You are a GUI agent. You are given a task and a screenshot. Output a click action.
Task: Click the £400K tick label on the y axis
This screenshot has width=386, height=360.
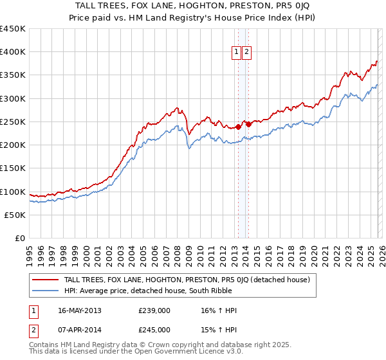click(13, 52)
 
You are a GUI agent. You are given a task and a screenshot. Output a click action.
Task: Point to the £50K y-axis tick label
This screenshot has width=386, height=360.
click(15, 215)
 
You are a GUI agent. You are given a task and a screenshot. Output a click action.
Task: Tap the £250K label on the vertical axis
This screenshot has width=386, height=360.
click(13, 122)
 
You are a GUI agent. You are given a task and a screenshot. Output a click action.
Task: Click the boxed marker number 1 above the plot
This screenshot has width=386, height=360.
click(236, 53)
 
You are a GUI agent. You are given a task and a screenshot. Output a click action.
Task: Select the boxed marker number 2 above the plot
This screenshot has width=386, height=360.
click(246, 53)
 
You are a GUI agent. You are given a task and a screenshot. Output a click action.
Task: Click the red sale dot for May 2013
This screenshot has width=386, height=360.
click(237, 127)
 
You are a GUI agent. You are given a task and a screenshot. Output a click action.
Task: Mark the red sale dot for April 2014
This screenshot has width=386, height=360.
click(248, 124)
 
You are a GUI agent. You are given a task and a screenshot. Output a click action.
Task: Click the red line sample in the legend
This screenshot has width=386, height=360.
click(45, 280)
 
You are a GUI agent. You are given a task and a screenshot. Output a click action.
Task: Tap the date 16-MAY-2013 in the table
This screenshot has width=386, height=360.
click(80, 310)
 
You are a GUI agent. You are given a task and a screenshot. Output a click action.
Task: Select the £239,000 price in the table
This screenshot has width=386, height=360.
click(154, 310)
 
